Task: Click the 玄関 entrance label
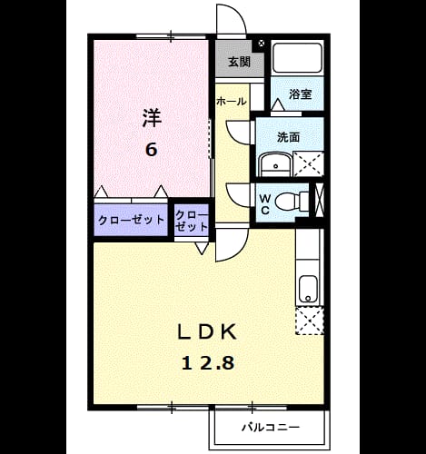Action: (239, 62)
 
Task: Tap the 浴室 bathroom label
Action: (300, 94)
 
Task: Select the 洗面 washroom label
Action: (289, 137)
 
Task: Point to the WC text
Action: (265, 204)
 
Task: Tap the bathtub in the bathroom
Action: (297, 58)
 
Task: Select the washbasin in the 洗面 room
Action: (275, 163)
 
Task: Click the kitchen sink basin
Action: (308, 289)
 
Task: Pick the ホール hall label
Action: (232, 102)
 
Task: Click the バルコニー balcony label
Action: (271, 428)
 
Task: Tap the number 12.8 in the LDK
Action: (208, 363)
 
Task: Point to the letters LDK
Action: (206, 332)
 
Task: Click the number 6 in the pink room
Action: (152, 149)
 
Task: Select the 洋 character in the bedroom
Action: (152, 118)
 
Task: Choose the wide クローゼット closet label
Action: (131, 220)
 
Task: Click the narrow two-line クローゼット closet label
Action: (192, 221)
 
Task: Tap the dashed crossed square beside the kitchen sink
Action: (310, 321)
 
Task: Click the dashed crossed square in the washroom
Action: (309, 164)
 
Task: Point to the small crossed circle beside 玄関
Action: (262, 44)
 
